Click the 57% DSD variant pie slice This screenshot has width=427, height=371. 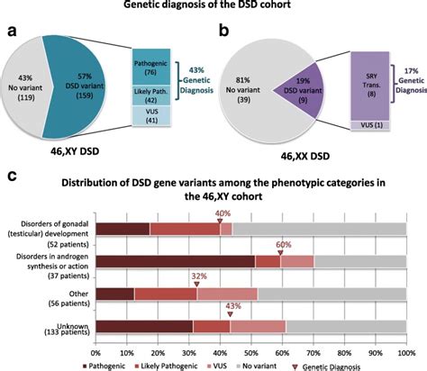[x=77, y=86]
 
